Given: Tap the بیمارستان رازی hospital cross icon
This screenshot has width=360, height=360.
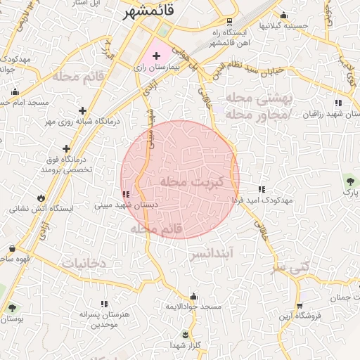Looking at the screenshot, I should click(x=156, y=55).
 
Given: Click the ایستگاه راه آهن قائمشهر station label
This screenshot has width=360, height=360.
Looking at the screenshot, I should click(x=231, y=37).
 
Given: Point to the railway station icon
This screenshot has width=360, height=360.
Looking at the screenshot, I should click(x=231, y=22).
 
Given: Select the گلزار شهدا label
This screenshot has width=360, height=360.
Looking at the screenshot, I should click(x=186, y=345).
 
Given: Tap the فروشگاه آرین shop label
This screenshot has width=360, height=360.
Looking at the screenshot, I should click(x=300, y=316).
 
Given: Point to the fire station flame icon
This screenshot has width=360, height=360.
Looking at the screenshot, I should click(x=41, y=197).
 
